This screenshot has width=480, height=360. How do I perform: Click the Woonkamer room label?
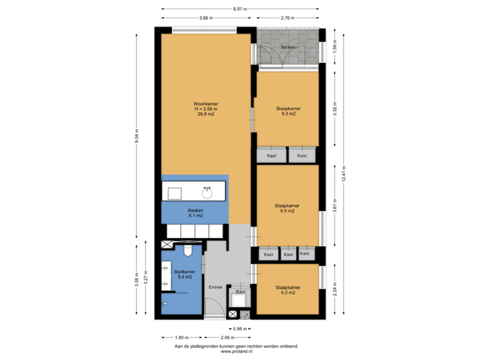(x=205, y=109)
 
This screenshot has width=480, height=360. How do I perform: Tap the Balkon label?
(x=287, y=48)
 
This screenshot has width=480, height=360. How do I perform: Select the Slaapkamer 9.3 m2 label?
(x=288, y=111)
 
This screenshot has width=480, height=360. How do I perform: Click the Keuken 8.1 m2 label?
(x=195, y=213)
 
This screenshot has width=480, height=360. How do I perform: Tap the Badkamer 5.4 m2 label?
(x=185, y=274)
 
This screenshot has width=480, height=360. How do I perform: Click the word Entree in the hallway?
(x=215, y=287)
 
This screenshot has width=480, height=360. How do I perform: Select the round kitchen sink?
(x=207, y=193)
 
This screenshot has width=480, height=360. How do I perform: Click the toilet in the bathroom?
(x=189, y=250)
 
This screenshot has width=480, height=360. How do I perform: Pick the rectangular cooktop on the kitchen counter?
(x=175, y=193)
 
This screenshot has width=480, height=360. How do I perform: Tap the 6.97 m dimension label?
(x=240, y=9)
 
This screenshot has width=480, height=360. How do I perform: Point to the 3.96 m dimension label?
(x=205, y=18)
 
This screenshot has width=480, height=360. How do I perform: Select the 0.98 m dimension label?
(x=239, y=329)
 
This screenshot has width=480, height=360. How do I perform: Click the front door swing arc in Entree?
(x=213, y=308)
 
